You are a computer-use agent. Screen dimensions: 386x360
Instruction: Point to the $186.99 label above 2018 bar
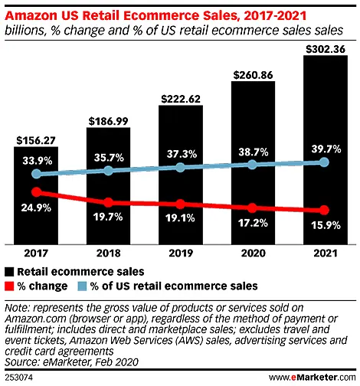tap(107, 121)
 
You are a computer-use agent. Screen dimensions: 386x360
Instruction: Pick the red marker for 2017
tap(35, 192)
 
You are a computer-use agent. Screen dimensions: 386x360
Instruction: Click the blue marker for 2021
tap(324, 162)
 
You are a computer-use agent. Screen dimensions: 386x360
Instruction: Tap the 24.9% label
tap(35, 208)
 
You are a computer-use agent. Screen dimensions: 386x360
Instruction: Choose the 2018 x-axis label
tap(107, 252)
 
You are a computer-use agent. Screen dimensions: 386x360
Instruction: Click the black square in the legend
tap(9, 271)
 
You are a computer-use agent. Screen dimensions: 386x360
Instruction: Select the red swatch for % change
tap(9, 286)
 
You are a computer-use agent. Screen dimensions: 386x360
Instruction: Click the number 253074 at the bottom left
tap(18, 378)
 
